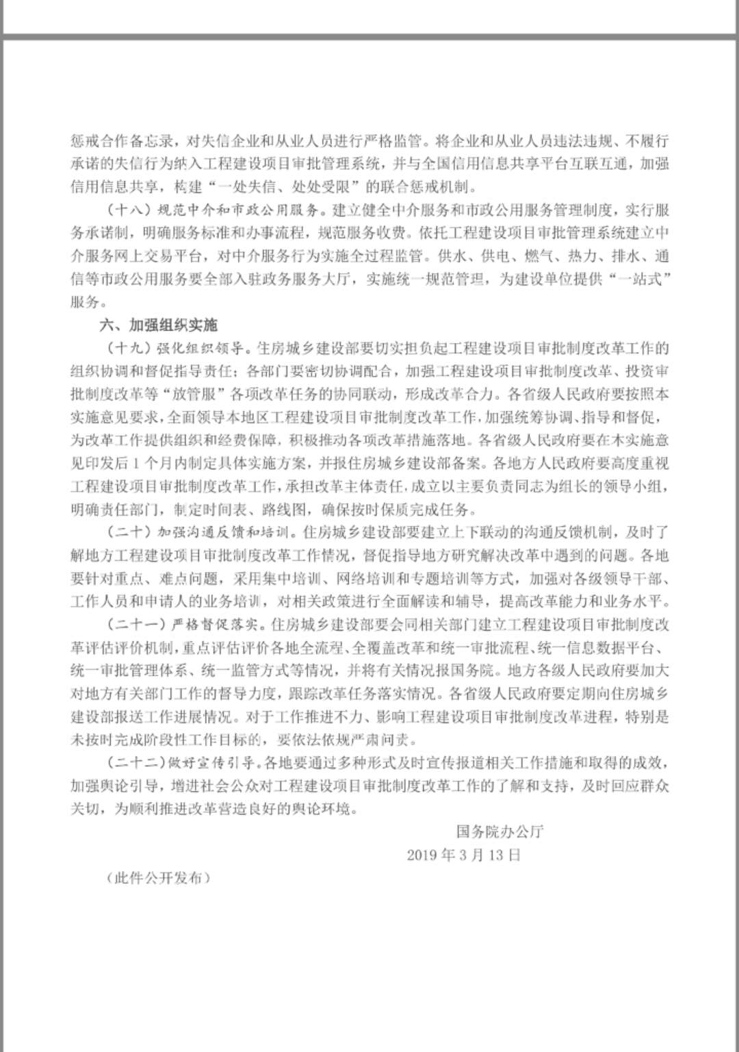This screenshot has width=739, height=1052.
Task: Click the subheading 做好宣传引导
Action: tap(216, 762)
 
